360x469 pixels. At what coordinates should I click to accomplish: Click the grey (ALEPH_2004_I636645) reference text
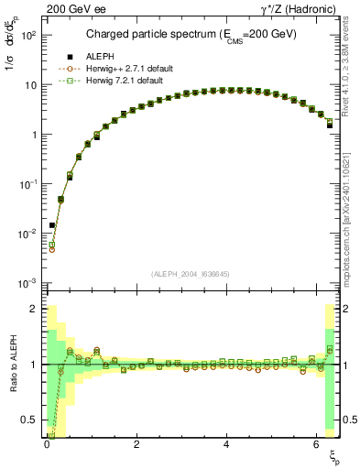(191, 274)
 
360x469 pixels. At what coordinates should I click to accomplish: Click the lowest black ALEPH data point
(52, 224)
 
